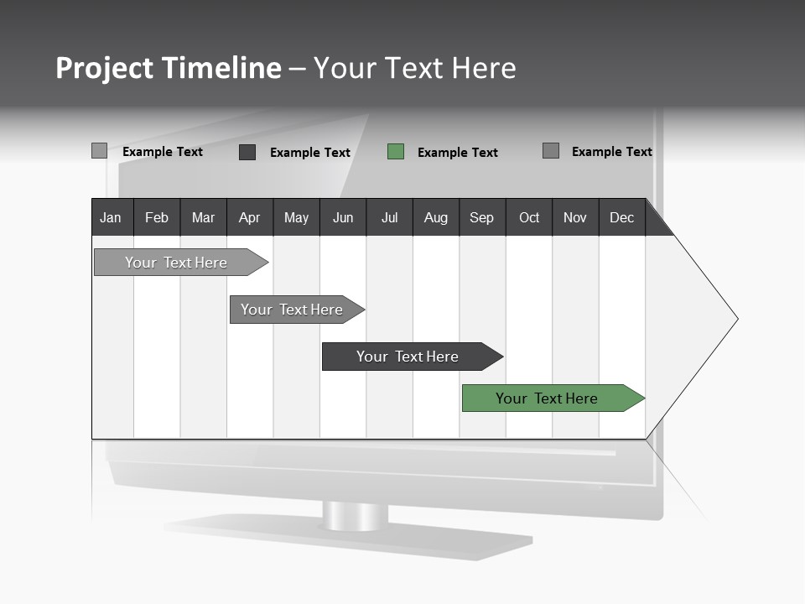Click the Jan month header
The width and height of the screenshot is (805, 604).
tap(112, 217)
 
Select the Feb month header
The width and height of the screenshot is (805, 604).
tap(157, 217)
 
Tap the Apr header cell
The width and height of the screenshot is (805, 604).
tap(250, 217)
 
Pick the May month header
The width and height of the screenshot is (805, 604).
tap(296, 217)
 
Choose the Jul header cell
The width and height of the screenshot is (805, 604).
tap(389, 217)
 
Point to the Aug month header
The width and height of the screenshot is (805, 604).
tap(436, 217)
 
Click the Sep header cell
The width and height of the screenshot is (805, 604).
tap(482, 217)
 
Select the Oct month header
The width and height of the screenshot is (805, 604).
tap(529, 217)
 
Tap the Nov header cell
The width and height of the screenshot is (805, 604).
tap(575, 217)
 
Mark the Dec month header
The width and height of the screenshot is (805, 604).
tap(622, 217)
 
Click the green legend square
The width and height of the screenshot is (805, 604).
tap(396, 152)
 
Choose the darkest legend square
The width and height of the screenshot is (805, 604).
tap(247, 152)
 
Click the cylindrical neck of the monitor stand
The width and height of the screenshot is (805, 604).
tap(356, 516)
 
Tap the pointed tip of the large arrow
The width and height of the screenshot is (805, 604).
tap(735, 319)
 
